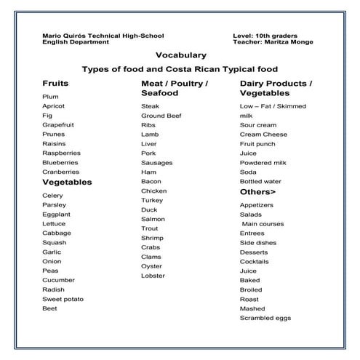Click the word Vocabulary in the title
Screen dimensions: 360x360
point(180,55)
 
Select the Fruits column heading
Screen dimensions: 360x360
point(55,84)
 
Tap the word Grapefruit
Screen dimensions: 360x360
point(58,124)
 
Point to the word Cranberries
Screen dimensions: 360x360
point(60,172)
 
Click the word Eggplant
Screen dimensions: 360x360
point(57,215)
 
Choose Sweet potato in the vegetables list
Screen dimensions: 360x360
point(63,299)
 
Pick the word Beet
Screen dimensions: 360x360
point(49,308)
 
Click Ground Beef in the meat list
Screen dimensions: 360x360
point(161,116)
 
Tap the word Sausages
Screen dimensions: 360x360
point(156,162)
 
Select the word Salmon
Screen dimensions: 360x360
point(153,219)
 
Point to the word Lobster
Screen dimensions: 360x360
point(153,276)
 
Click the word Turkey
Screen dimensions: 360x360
point(152,200)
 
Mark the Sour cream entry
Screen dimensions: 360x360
point(258,125)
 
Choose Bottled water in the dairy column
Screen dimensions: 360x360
point(260,181)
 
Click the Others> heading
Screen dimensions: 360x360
point(257,192)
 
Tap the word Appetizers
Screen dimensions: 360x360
point(257,205)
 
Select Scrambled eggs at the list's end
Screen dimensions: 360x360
point(265,318)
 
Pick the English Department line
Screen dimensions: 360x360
point(76,42)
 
